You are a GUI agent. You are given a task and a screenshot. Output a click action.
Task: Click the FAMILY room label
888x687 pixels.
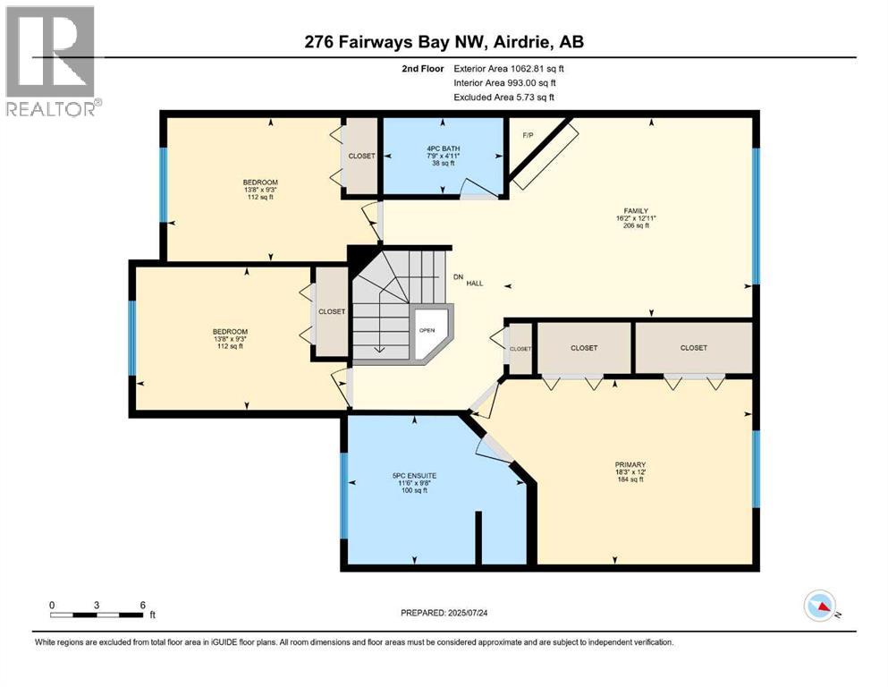tap(637, 211)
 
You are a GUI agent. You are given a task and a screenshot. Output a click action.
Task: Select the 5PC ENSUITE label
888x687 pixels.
tap(413, 475)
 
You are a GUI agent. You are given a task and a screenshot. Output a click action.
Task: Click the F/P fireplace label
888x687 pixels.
tap(528, 135)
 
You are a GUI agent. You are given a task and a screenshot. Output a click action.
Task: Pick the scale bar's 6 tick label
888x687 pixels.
tap(143, 604)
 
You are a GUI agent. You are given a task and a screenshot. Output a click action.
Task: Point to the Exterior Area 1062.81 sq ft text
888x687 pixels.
tap(509, 68)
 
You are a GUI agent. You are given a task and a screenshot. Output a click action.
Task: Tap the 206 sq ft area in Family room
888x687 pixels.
tap(637, 226)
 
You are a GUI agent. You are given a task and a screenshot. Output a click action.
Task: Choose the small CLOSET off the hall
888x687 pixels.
tap(520, 349)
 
